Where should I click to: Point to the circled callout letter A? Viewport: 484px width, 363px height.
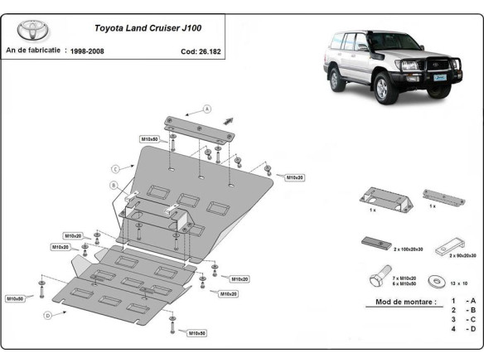point(207,109)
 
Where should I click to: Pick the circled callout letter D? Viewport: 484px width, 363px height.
point(48,314)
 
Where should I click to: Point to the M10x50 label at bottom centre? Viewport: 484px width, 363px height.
point(196,332)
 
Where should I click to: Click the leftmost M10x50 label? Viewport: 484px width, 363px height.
point(15,298)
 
